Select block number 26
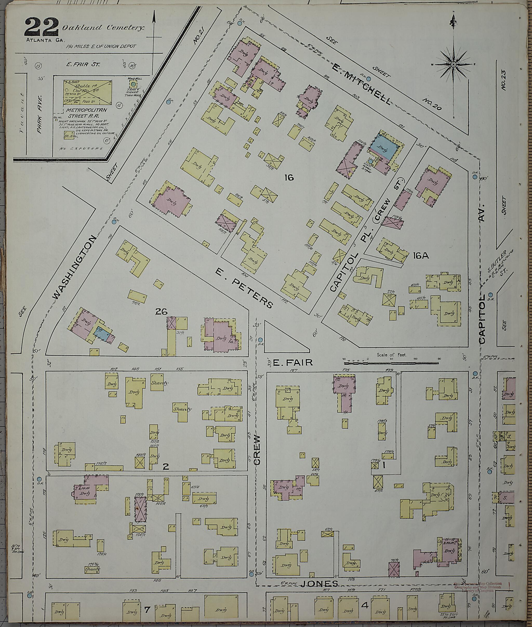(161, 311)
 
